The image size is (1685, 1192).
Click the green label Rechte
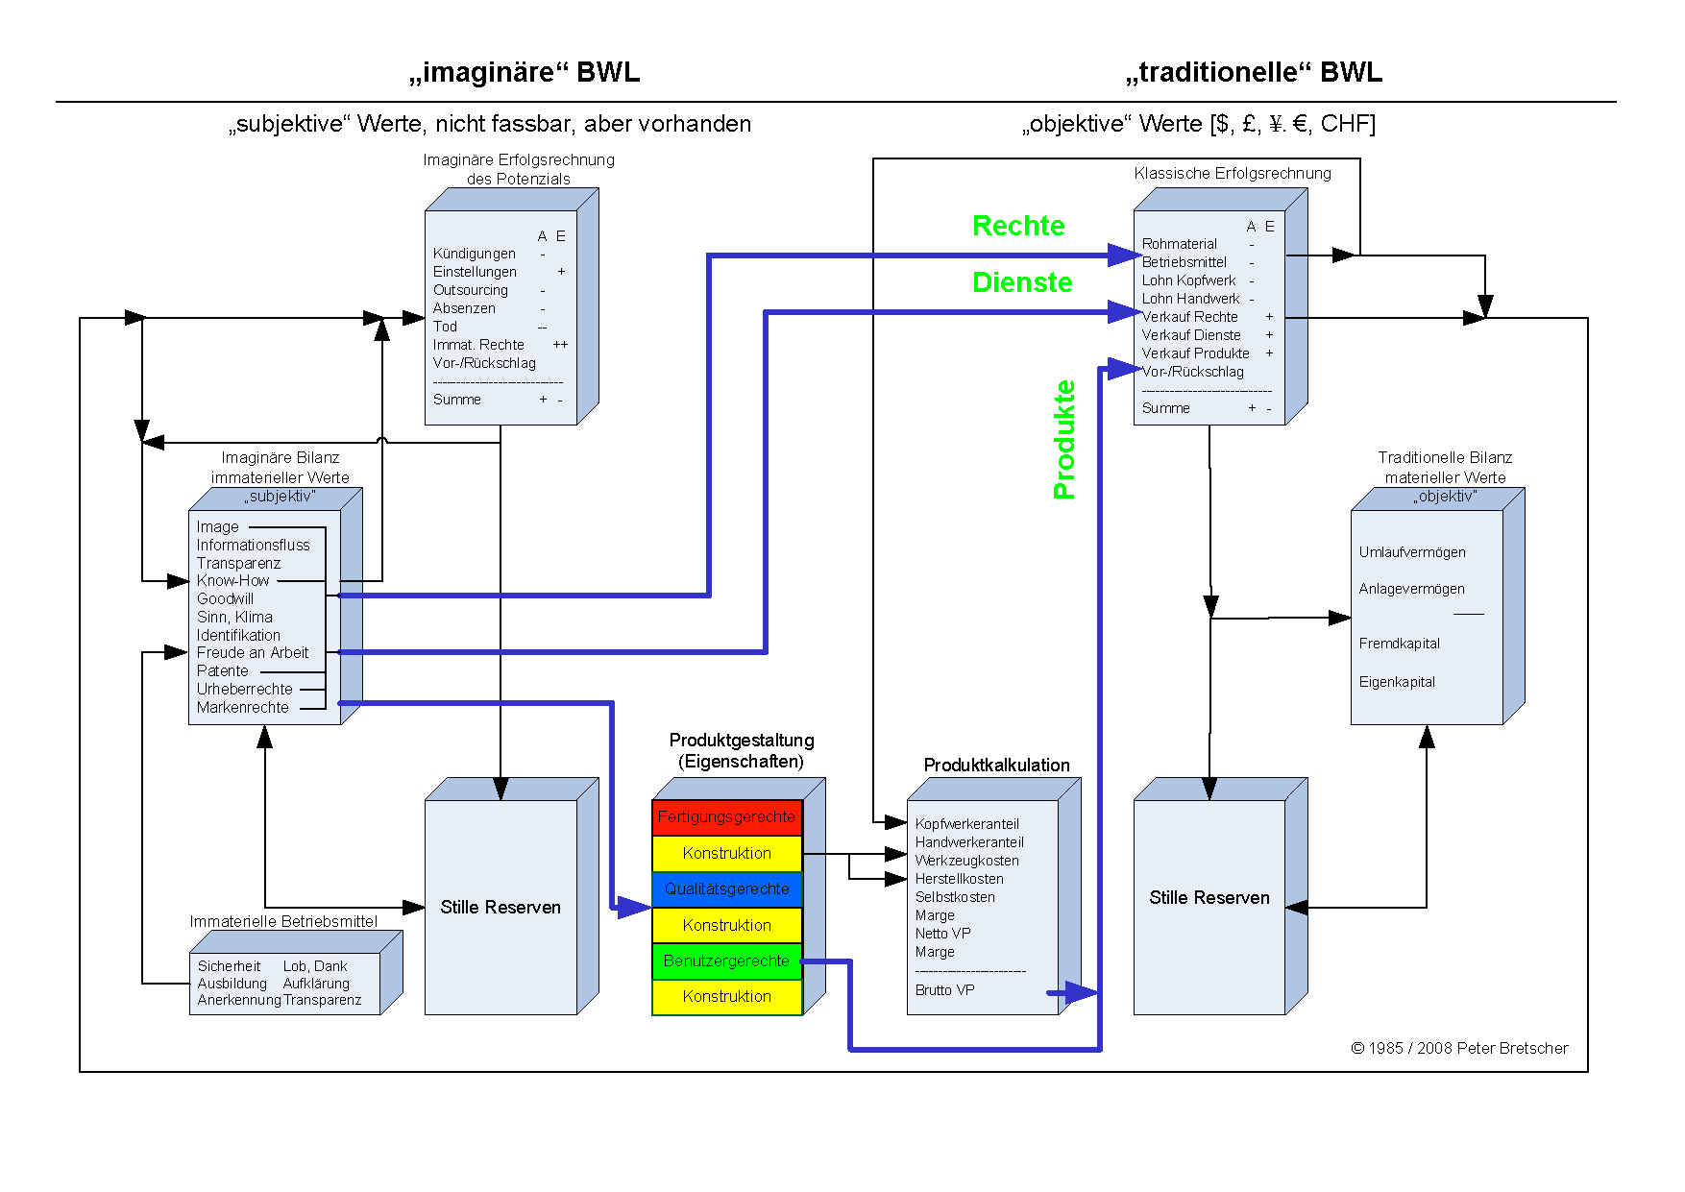coord(1018,226)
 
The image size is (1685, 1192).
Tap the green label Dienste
coord(1022,282)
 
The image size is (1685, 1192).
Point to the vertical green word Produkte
coord(1064,440)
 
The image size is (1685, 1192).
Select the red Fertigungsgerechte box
coord(727,817)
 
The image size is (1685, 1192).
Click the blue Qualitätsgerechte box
coord(727,889)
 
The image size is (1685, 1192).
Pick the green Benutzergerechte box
coord(727,961)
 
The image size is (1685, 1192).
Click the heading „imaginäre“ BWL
coord(525,73)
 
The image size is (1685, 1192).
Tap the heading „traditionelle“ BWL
coord(1255,73)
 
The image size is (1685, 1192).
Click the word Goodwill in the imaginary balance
coord(225,599)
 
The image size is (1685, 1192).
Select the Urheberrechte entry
coord(245,690)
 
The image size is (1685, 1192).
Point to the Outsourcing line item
coord(471,290)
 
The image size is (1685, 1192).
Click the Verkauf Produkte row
coord(1196,353)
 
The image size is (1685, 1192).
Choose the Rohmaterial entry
coord(1180,244)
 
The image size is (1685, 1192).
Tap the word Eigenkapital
coord(1397,682)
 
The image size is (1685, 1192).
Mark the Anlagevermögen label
coord(1412,589)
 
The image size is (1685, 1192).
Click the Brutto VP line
coord(945,990)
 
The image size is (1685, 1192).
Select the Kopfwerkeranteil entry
coord(967,824)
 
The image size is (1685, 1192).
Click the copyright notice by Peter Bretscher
coord(1460,1048)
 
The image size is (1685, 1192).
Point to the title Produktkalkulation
coord(997,766)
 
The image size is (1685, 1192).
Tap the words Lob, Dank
coord(315,966)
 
